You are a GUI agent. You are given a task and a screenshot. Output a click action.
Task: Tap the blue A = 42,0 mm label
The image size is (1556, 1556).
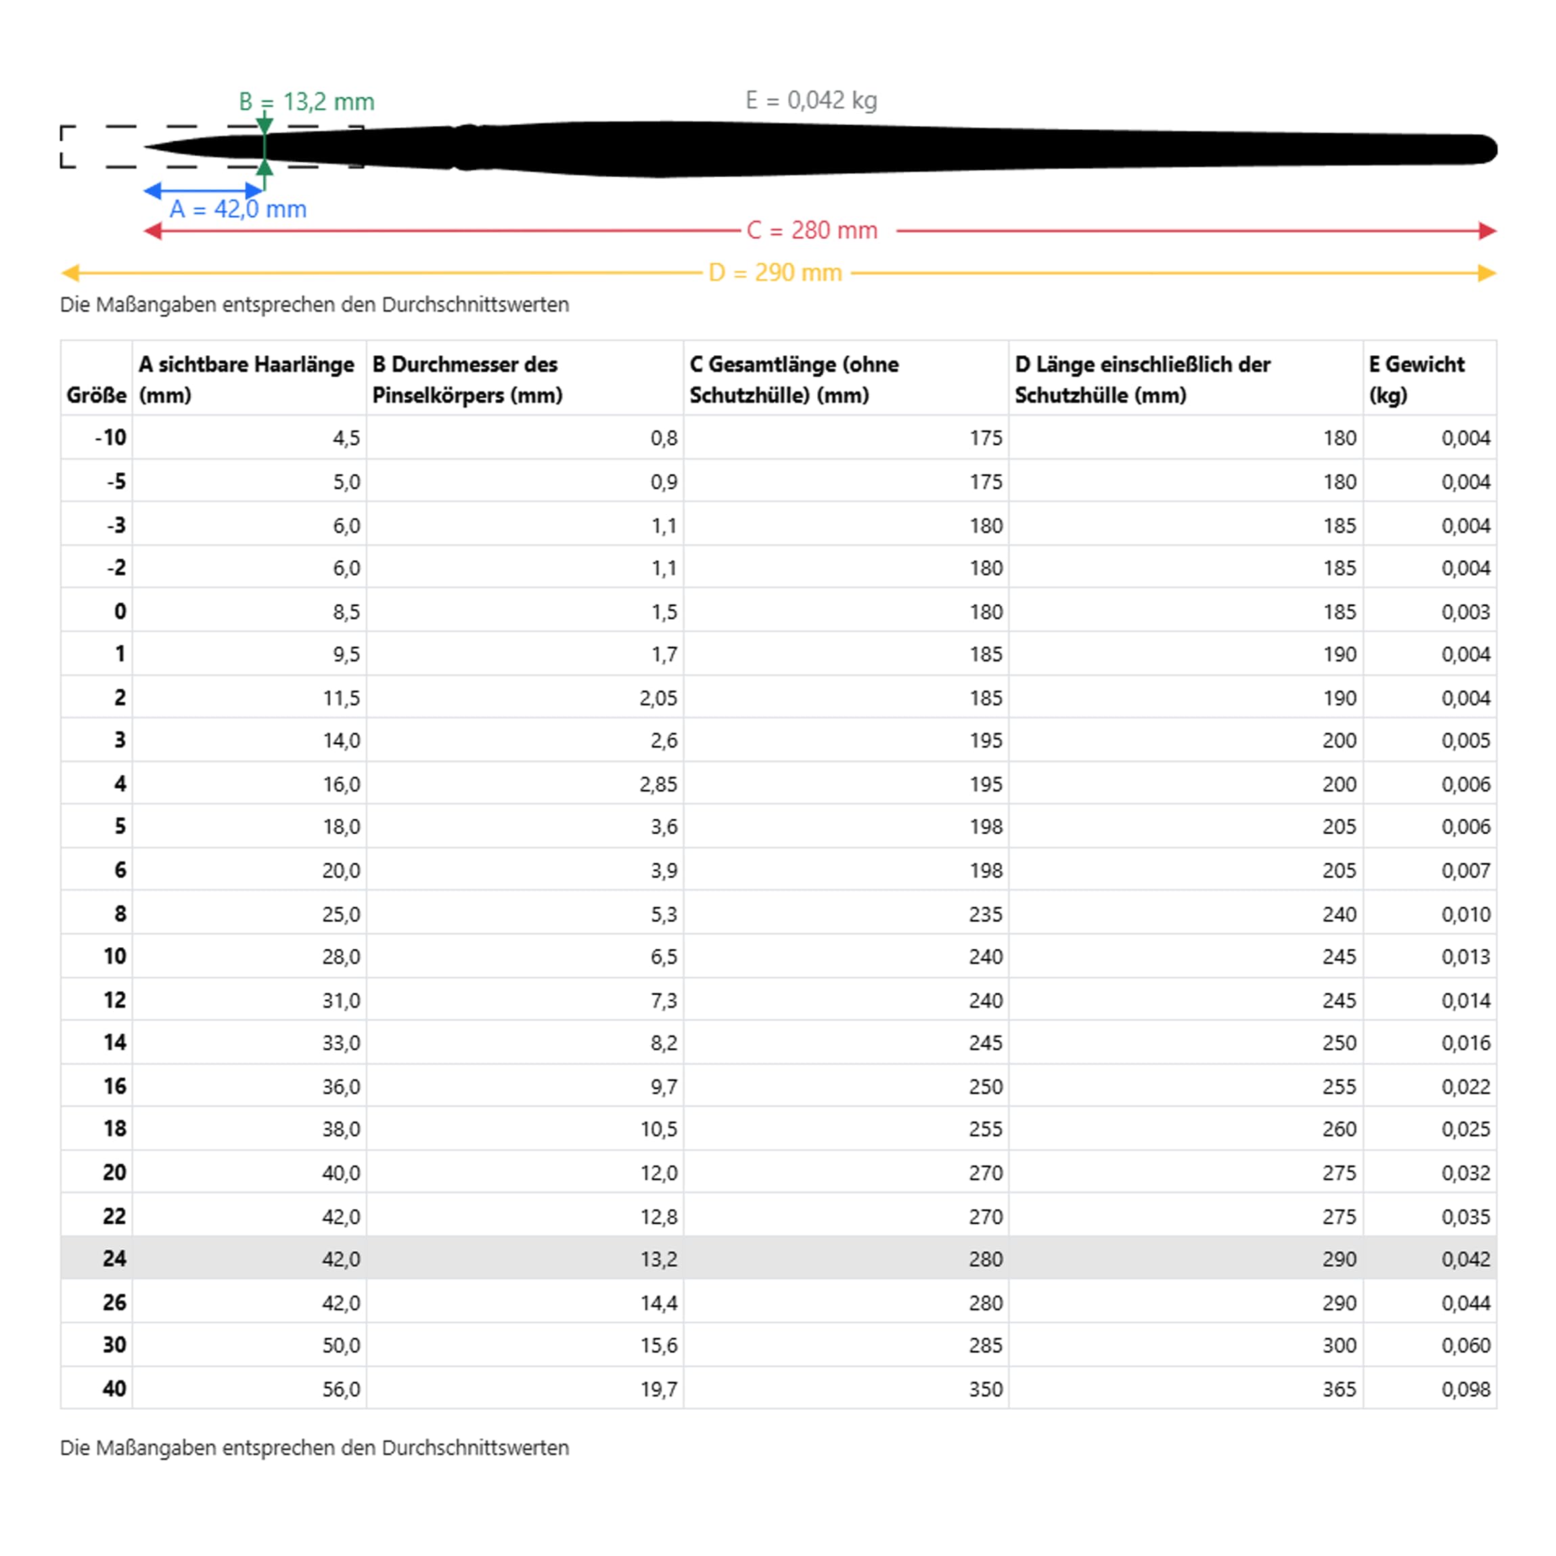(x=237, y=210)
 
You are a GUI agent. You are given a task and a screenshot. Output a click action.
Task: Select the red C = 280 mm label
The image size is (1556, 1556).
(x=811, y=230)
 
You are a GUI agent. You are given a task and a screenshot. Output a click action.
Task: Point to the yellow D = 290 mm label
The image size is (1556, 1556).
(x=775, y=273)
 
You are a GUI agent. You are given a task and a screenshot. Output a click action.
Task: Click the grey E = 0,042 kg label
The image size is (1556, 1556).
(x=810, y=101)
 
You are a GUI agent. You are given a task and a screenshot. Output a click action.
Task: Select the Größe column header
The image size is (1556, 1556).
(x=97, y=396)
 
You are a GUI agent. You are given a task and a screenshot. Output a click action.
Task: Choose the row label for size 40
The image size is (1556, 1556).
(x=114, y=1388)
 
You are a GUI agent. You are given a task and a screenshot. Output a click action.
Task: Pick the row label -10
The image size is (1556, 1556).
(x=111, y=438)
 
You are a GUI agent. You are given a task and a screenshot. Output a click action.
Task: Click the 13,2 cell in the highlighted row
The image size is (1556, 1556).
(x=658, y=1259)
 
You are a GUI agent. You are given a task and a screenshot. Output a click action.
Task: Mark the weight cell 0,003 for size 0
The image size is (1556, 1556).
(x=1465, y=612)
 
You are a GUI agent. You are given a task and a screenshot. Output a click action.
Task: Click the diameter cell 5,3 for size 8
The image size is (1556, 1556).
(x=664, y=914)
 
